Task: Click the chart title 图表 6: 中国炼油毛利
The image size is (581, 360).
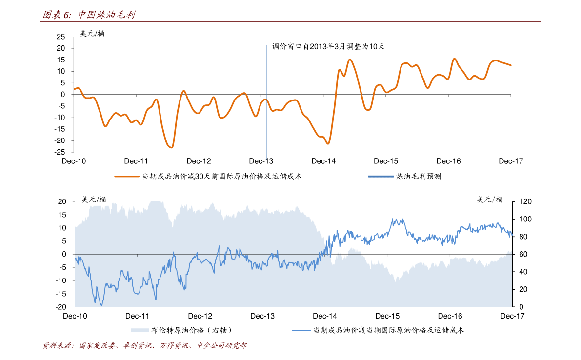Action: [x=89, y=15]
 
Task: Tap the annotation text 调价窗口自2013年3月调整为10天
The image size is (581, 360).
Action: [x=328, y=47]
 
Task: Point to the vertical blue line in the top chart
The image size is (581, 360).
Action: [x=267, y=102]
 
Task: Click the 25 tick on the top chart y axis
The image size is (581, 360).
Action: [x=61, y=37]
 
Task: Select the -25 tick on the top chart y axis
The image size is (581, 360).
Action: [x=60, y=152]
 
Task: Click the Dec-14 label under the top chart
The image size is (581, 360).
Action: [x=323, y=161]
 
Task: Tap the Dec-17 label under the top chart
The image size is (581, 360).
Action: [x=511, y=161]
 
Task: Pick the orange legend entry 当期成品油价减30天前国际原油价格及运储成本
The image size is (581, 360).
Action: [x=208, y=176]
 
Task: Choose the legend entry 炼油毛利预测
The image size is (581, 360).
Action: [x=404, y=176]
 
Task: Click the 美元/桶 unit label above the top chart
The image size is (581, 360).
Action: [x=92, y=34]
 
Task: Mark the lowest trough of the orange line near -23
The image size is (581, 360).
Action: [x=171, y=147]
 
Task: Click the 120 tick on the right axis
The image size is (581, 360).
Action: [x=525, y=202]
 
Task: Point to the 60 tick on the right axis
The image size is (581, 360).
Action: [x=523, y=255]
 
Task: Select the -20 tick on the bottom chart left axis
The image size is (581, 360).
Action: [x=61, y=307]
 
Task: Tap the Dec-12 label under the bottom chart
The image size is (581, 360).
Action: [x=200, y=316]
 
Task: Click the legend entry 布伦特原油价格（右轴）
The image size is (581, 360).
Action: [x=181, y=330]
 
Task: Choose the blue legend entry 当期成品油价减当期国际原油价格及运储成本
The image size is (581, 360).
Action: [x=378, y=330]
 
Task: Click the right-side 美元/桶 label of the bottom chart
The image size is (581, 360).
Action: [x=490, y=200]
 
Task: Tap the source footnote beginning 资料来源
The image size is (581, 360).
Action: [x=144, y=345]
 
